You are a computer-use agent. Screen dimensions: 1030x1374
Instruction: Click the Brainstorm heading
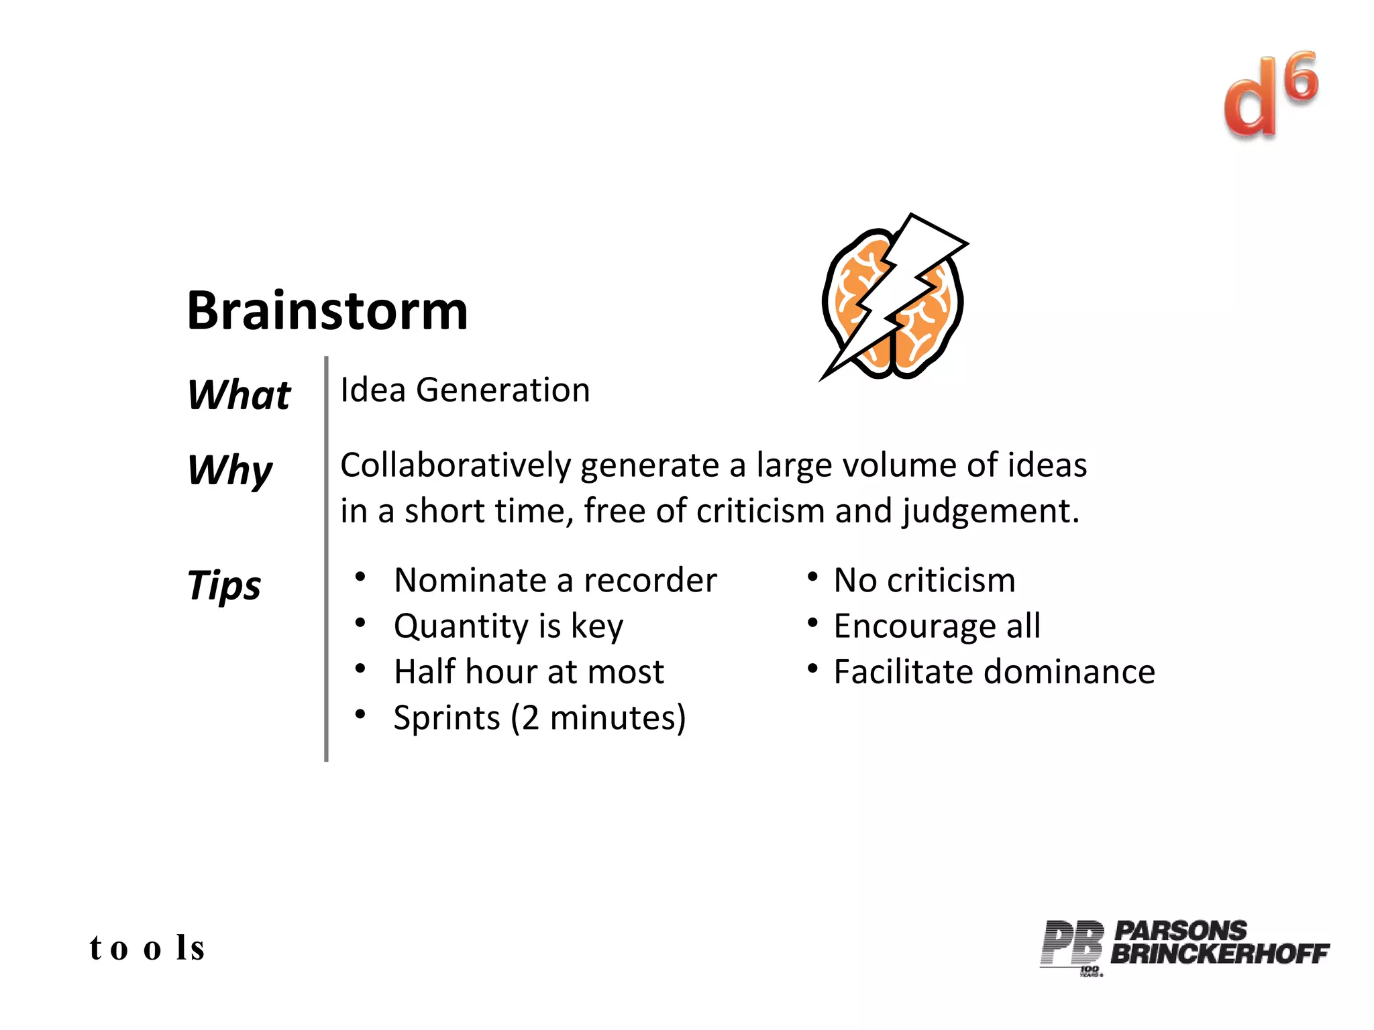point(327,311)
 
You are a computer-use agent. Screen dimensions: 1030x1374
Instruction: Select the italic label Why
point(230,470)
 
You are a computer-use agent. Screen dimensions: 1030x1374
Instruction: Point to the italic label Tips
point(224,585)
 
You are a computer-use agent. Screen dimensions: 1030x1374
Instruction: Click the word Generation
point(503,390)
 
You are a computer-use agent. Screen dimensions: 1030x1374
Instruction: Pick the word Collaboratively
point(456,465)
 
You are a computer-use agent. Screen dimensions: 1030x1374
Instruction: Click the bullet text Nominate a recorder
point(555,580)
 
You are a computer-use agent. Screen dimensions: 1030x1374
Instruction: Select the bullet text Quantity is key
point(508,626)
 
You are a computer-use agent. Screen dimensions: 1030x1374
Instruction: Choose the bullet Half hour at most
point(529,672)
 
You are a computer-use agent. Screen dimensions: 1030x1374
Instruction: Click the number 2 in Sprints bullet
point(530,718)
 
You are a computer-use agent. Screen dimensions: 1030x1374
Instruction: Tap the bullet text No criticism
point(924,580)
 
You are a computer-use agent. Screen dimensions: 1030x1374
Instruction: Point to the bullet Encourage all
point(937,626)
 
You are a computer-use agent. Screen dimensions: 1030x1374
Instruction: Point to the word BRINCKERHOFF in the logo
point(1219,953)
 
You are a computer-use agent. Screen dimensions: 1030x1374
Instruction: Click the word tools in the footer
point(147,948)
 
